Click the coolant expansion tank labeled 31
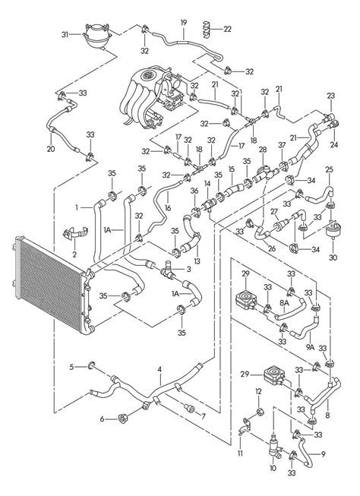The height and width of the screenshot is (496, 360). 96,36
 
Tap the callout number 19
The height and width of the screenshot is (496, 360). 184,23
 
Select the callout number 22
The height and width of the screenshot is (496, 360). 227,30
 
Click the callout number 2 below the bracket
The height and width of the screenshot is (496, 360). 74,254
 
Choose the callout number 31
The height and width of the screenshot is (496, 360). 65,34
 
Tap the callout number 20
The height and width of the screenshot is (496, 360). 51,149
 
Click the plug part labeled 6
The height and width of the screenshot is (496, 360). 122,419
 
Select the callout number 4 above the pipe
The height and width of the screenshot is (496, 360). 159,369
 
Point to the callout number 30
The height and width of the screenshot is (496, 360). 333,257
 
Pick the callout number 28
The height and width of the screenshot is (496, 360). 263,149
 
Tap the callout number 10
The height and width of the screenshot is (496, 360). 273,468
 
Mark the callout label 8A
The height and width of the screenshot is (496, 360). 284,303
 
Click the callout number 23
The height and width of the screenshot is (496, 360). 331,96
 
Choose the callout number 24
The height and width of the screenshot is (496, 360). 334,144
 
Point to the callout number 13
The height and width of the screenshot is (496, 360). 197,261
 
